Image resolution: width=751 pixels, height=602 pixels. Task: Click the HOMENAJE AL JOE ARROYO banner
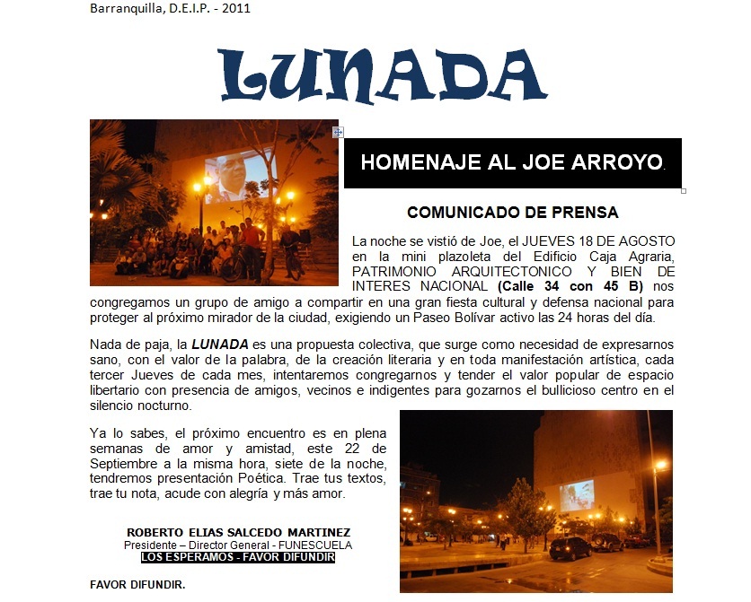pos(512,162)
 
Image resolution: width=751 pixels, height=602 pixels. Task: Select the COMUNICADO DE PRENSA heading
pos(512,213)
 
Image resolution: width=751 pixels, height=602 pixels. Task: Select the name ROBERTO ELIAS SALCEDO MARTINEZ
pos(238,532)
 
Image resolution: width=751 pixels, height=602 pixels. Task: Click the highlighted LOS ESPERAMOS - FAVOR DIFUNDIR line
pos(238,556)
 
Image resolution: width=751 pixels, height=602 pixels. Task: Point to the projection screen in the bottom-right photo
pos(576,494)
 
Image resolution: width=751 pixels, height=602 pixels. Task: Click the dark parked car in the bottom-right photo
pos(570,547)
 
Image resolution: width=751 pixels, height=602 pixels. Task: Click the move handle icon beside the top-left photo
pos(338,132)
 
